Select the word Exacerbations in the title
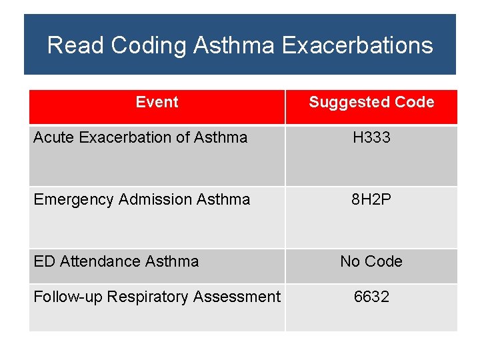(x=357, y=45)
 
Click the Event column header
(x=157, y=102)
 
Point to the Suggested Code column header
(x=371, y=102)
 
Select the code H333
(x=371, y=137)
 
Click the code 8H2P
(x=371, y=199)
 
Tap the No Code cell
(x=371, y=261)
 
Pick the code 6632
(x=371, y=297)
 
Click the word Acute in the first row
(x=52, y=137)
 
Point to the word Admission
(x=155, y=199)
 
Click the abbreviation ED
(x=44, y=261)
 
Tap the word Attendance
(x=101, y=261)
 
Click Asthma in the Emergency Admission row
(x=223, y=199)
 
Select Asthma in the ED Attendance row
(x=172, y=261)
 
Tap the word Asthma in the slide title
(x=234, y=45)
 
